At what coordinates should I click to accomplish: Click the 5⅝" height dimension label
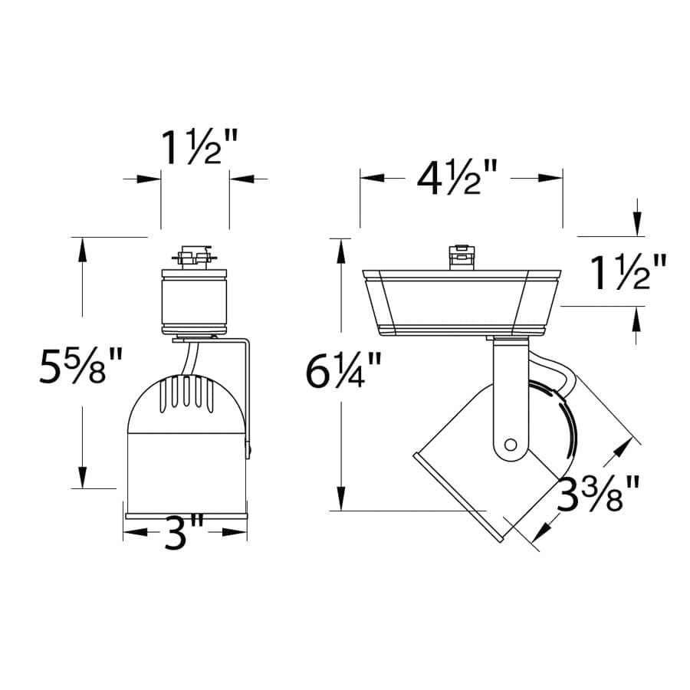coord(80,369)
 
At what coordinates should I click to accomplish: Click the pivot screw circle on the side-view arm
coord(511,443)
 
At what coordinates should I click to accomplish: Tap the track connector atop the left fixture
coord(194,255)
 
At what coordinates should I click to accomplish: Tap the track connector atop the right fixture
coord(460,257)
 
